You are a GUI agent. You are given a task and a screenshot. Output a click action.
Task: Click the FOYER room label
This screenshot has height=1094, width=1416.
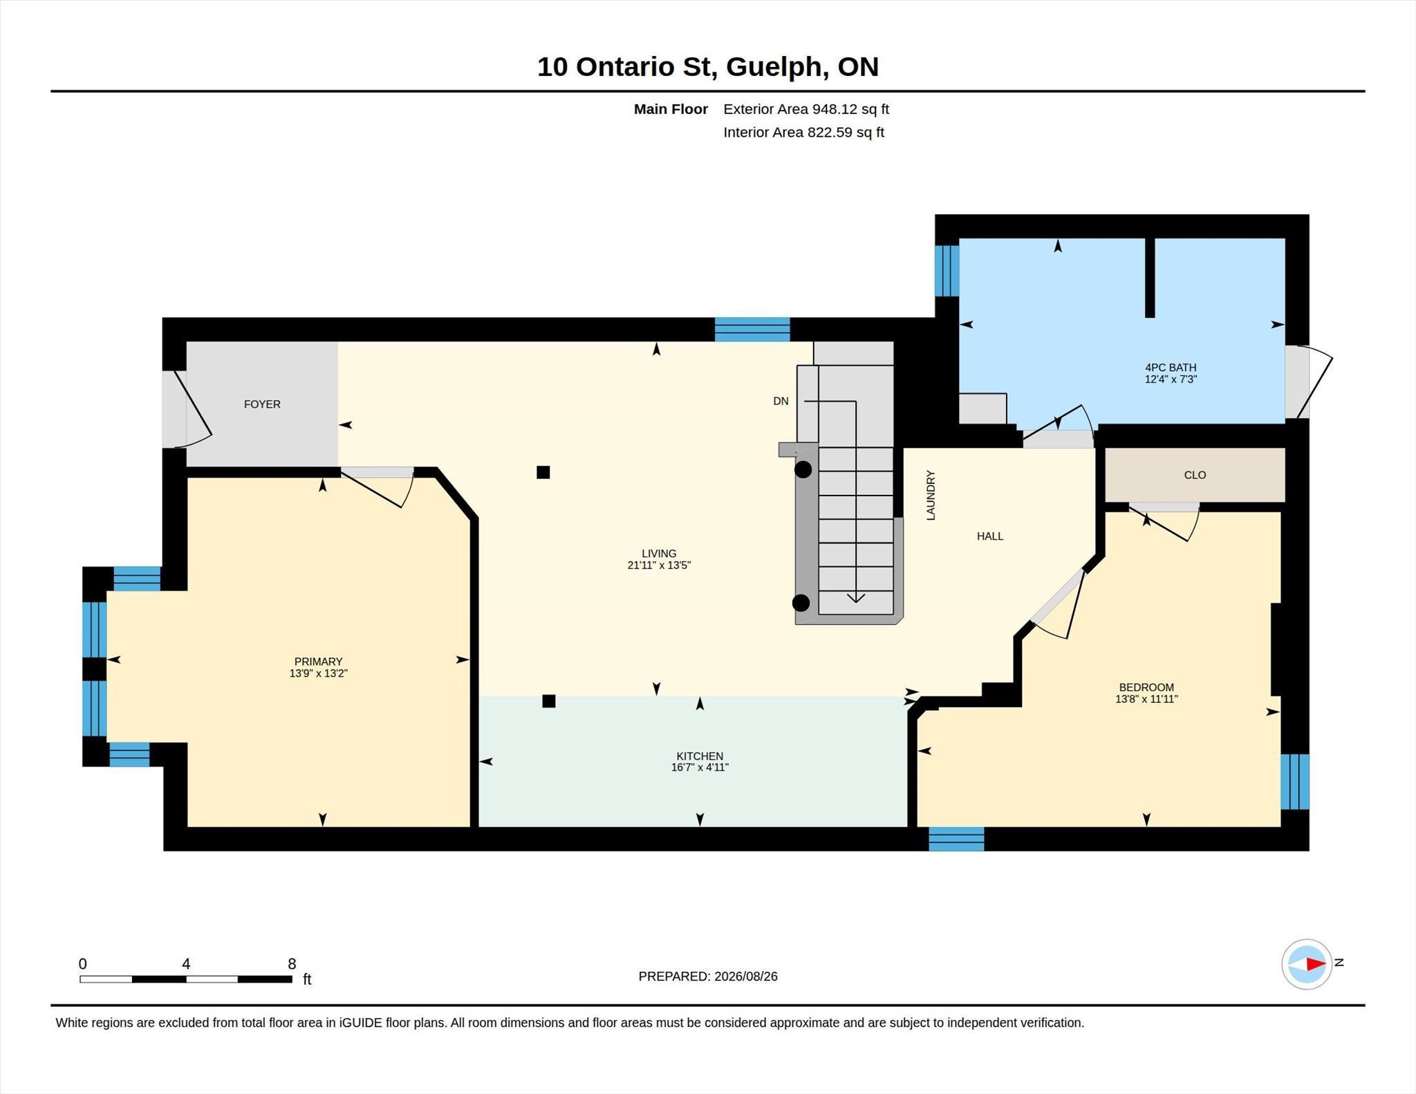coord(262,404)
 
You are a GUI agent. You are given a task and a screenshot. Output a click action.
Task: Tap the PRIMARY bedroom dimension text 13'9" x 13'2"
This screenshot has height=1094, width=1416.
coord(318,673)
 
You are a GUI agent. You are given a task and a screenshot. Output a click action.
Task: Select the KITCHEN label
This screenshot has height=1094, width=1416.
coord(700,756)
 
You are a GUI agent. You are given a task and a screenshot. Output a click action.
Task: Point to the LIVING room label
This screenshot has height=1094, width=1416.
coord(659,554)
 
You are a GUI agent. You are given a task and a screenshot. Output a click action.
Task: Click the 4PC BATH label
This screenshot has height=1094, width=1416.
coord(1171,368)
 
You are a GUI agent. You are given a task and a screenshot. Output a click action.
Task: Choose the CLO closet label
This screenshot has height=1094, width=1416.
coord(1195,475)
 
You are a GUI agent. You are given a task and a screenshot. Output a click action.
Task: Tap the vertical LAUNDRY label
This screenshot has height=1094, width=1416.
coord(931,496)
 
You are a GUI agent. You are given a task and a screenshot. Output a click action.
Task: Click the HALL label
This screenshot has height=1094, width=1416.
coord(990,536)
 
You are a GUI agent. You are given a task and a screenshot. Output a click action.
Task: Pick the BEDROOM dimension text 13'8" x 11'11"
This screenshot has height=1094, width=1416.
coord(1146,699)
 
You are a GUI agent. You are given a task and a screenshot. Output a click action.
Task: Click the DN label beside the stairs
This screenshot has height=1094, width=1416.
coord(781,401)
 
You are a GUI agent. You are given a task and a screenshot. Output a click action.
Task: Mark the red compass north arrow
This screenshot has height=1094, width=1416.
coord(1316,963)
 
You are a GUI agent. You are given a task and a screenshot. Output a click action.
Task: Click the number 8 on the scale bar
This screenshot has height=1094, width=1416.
coord(292,964)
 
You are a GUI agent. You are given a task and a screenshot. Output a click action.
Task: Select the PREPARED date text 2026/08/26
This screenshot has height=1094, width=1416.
coord(746,977)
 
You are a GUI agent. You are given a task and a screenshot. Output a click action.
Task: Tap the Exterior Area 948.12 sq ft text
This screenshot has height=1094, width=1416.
coord(806,109)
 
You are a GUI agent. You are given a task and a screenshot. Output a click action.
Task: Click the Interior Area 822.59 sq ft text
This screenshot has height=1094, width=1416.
coord(804,133)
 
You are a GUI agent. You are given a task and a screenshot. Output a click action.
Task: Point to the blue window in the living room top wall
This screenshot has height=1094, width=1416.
coord(752,330)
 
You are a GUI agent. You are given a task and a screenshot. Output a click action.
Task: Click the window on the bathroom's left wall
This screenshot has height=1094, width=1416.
coord(947,271)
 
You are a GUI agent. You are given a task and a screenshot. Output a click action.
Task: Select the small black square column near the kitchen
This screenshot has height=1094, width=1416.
coord(549,701)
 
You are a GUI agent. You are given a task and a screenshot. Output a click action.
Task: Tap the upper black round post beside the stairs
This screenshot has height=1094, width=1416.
coord(803,470)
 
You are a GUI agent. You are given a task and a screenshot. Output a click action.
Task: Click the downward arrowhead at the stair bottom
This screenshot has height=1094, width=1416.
coord(856,598)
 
